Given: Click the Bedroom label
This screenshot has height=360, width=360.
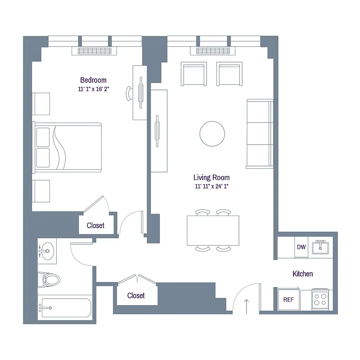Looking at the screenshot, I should pos(93,80).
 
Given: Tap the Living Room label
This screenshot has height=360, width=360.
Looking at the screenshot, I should pos(211,178).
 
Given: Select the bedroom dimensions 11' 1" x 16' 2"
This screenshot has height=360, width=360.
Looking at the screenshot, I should pos(93,89).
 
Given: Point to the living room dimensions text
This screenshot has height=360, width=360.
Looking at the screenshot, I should pos(211,187).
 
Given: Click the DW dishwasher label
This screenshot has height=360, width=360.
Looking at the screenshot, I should pos(301,247).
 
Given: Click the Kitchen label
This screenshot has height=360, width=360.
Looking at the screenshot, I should pos(302,274).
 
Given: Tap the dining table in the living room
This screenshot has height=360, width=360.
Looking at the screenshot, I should pos(213,230).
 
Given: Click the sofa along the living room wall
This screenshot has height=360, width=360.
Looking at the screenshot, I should pos(260,134).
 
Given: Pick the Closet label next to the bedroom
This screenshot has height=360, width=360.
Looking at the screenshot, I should pos(95,225).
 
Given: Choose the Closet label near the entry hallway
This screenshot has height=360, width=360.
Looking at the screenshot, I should pos(136,296).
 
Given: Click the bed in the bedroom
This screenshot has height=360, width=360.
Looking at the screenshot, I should pos(67,147).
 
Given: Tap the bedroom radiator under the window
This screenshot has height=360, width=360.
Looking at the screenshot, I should pos(94,51).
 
